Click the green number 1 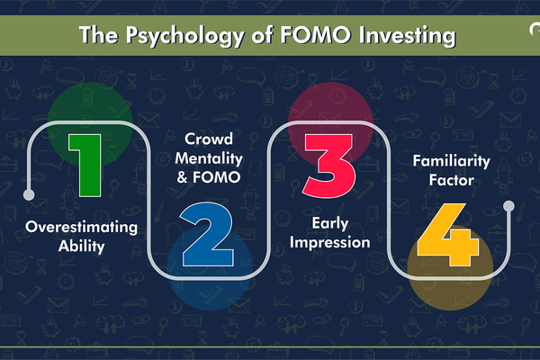[89, 163]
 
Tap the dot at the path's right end [508, 207]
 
